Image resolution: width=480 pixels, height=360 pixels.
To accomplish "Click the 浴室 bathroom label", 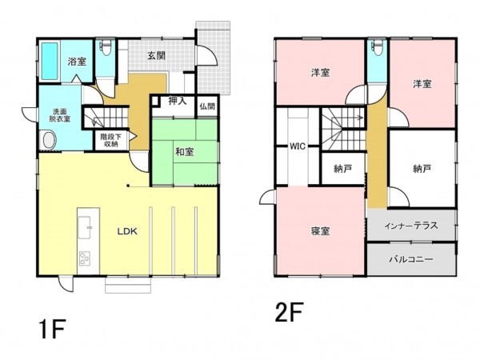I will click(76, 61).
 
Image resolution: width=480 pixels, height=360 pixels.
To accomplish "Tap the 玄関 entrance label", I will click(157, 55).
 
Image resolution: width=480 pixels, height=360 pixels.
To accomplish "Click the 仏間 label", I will click(206, 106).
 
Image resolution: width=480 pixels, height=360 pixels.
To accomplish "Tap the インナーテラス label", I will click(411, 226).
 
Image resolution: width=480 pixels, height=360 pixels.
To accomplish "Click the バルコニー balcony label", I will click(411, 260).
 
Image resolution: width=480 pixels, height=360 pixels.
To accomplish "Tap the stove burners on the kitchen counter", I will click(84, 258).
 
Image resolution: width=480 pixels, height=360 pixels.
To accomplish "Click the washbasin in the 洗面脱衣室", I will click(49, 141).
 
